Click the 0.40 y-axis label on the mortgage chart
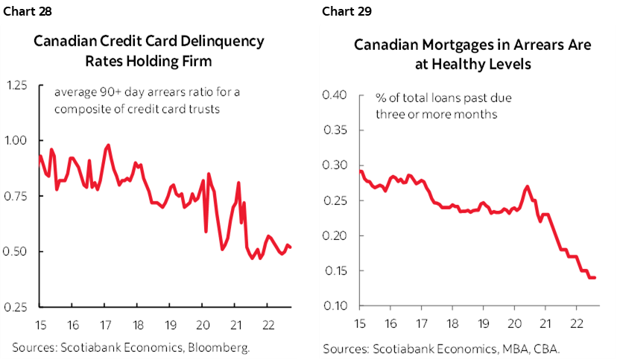click(x=336, y=95)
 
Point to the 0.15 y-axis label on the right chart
click(x=336, y=271)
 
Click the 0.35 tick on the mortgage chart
click(x=336, y=130)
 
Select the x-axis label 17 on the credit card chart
click(x=104, y=325)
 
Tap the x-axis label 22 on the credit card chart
click(x=266, y=325)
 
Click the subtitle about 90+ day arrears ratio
click(x=139, y=101)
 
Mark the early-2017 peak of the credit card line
click(x=109, y=145)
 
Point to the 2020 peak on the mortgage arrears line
click(x=527, y=186)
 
